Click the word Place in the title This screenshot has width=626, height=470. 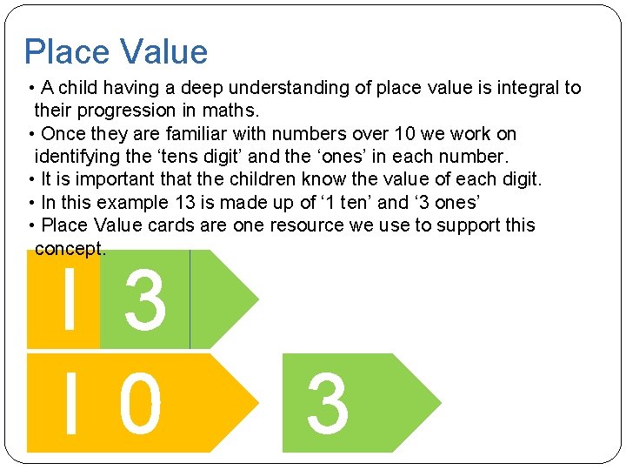click(66, 52)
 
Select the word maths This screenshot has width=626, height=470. click(231, 111)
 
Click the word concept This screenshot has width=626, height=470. click(70, 249)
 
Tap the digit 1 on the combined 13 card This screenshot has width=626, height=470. click(69, 299)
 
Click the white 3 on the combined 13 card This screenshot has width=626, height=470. click(144, 300)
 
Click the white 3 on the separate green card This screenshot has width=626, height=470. click(328, 404)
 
